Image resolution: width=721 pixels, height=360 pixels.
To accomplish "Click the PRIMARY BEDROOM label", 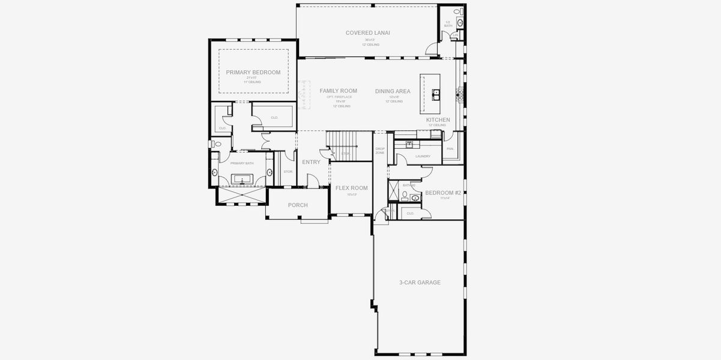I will pyautogui.click(x=253, y=73).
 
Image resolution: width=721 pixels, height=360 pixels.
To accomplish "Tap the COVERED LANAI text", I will pyautogui.click(x=367, y=33).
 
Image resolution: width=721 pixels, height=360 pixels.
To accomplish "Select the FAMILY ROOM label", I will pyautogui.click(x=338, y=91).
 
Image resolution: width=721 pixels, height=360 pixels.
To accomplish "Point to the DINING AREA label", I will pyautogui.click(x=393, y=91).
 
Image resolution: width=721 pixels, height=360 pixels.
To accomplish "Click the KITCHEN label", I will pyautogui.click(x=438, y=120).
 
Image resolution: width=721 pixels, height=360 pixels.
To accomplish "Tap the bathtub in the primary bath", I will pyautogui.click(x=244, y=179).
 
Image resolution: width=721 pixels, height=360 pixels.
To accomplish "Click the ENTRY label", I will pyautogui.click(x=311, y=162).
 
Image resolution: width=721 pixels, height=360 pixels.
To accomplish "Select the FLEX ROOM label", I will pyautogui.click(x=351, y=188).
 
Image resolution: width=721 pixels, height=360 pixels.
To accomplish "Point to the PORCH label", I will pyautogui.click(x=298, y=205).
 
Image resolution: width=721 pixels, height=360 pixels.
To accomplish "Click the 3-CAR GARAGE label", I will pyautogui.click(x=420, y=283).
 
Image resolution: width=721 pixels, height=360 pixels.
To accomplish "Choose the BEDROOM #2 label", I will pyautogui.click(x=442, y=193).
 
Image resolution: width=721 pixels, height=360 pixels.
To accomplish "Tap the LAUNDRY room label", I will pyautogui.click(x=423, y=157).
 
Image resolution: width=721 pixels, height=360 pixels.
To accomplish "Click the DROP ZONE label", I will pyautogui.click(x=380, y=151).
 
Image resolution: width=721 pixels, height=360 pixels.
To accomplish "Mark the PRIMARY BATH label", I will pyautogui.click(x=242, y=163).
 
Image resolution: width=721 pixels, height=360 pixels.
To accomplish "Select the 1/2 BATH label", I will pyautogui.click(x=448, y=24).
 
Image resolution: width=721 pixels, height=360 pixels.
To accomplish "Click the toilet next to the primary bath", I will pyautogui.click(x=217, y=144).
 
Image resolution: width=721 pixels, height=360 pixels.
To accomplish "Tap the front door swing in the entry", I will pyautogui.click(x=312, y=179).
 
